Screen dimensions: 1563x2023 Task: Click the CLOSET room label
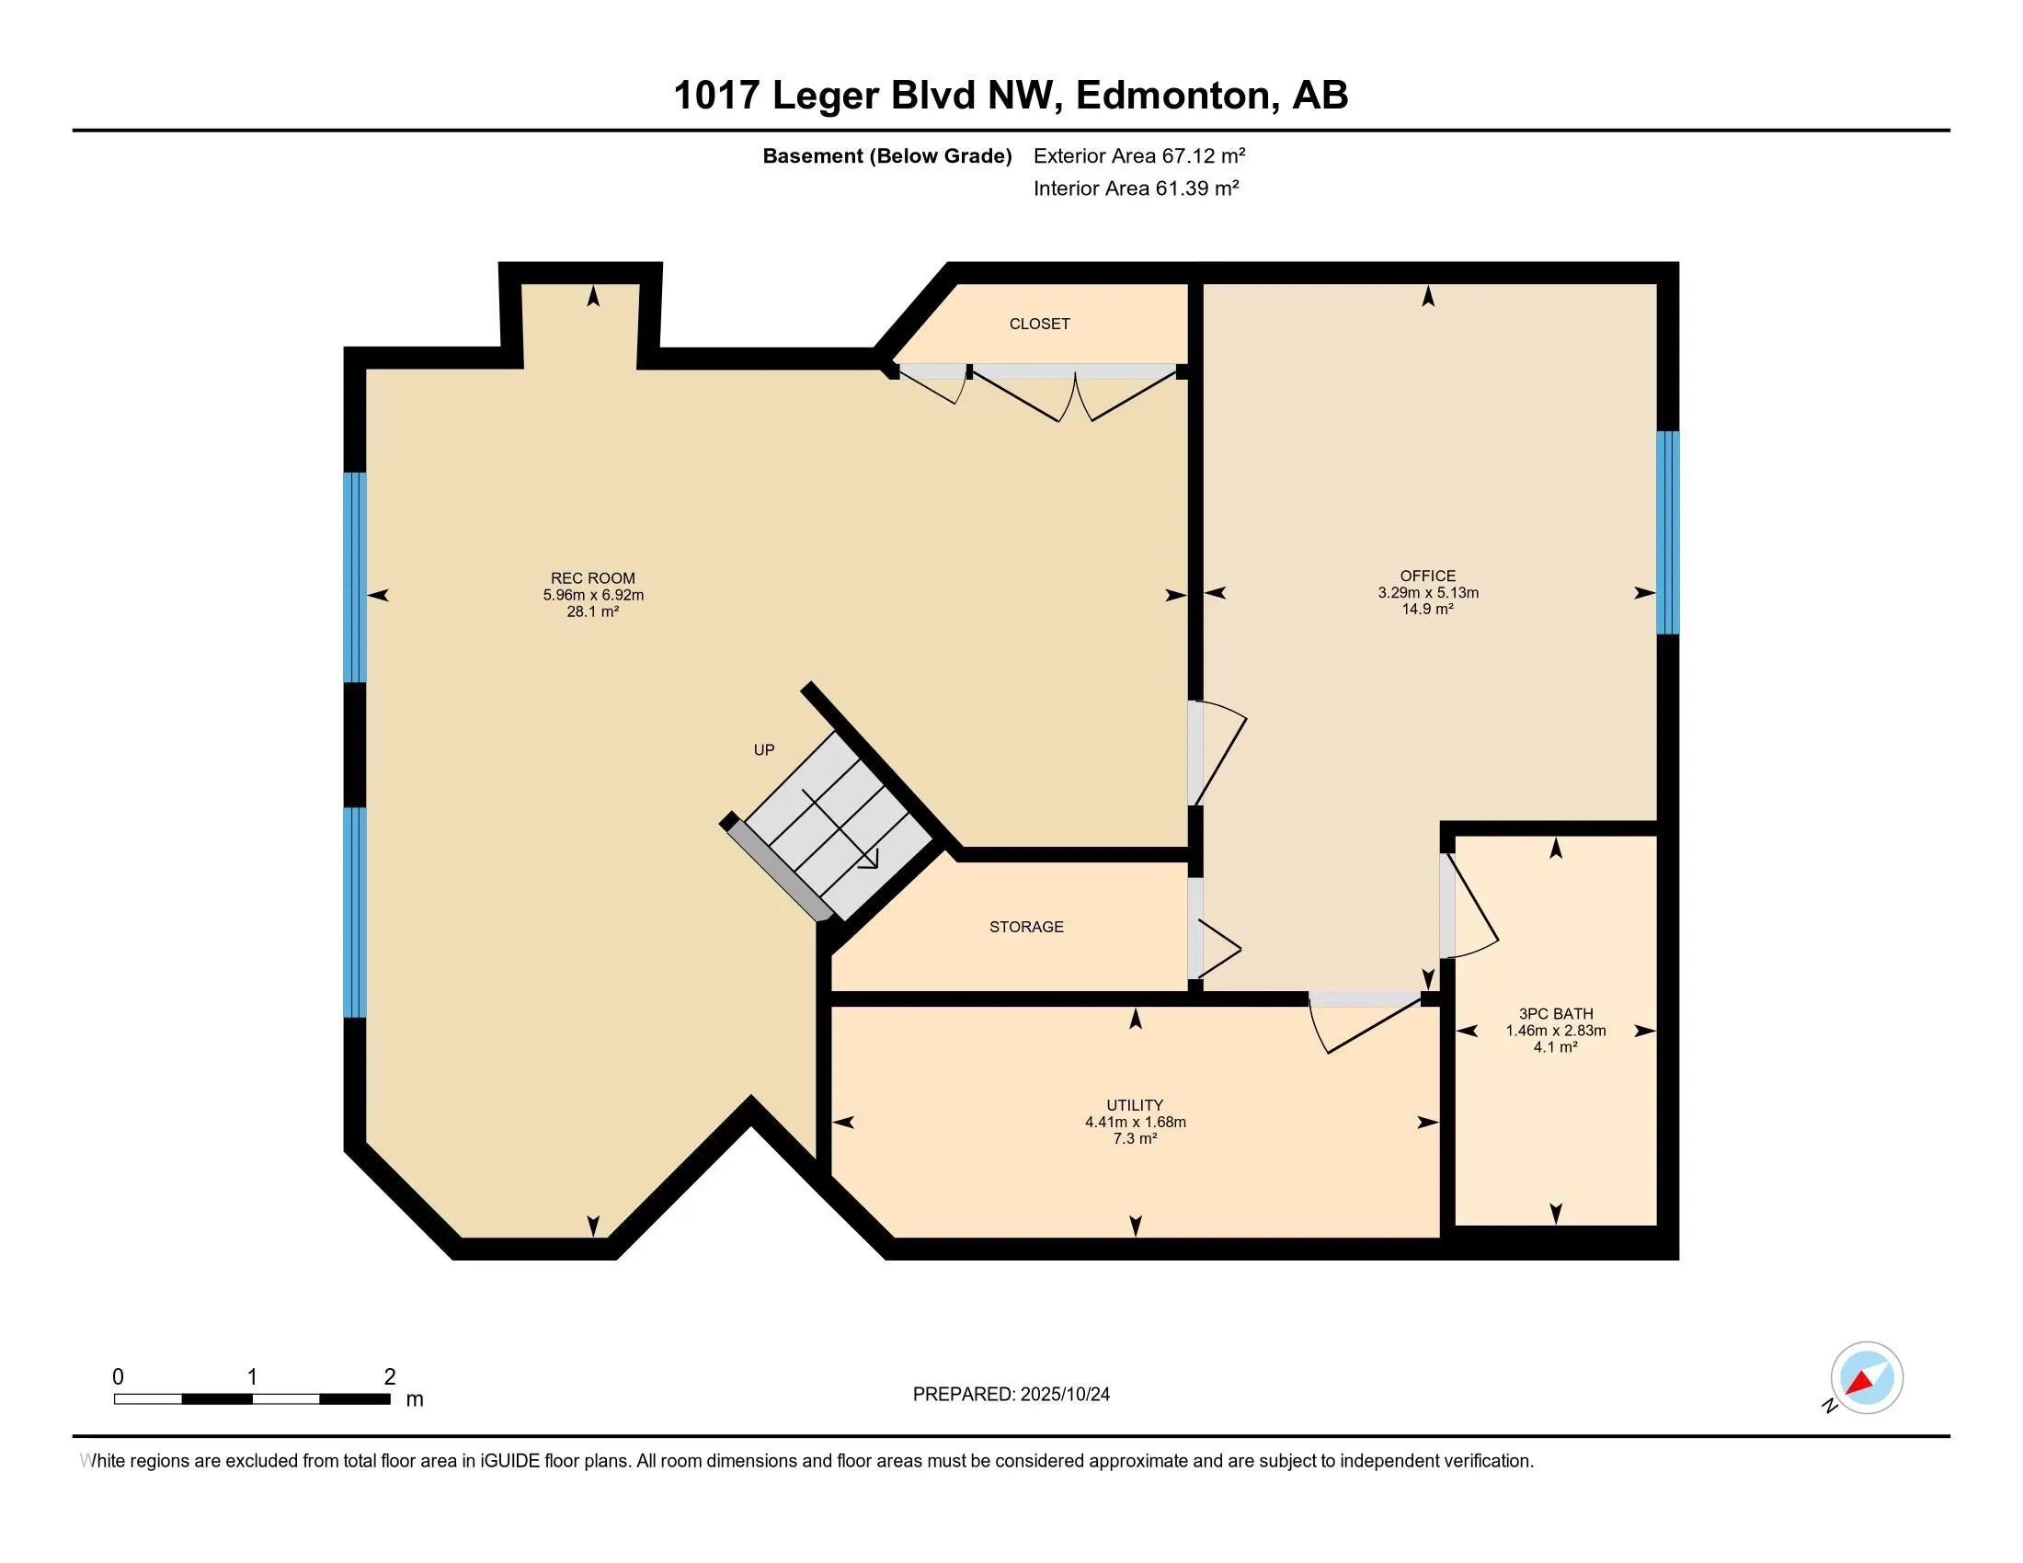(x=1039, y=324)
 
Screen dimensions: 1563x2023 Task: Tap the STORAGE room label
(x=1026, y=927)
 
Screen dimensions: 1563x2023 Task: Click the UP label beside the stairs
(x=763, y=750)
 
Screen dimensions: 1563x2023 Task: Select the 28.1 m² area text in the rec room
(x=593, y=612)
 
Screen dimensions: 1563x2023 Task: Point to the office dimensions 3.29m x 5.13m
(x=1427, y=593)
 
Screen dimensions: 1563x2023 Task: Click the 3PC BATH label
(x=1555, y=1014)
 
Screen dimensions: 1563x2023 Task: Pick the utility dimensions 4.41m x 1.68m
(x=1135, y=1123)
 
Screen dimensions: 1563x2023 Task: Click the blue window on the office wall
(x=1666, y=532)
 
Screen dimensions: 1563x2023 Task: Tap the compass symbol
(x=1866, y=1378)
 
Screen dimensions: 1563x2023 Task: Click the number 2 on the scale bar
(x=390, y=1377)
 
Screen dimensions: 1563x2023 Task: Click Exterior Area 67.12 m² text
(x=1138, y=155)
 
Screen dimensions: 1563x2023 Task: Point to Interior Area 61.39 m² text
(x=1136, y=188)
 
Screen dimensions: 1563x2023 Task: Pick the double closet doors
(x=1074, y=394)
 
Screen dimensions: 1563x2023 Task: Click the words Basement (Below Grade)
(x=886, y=156)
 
